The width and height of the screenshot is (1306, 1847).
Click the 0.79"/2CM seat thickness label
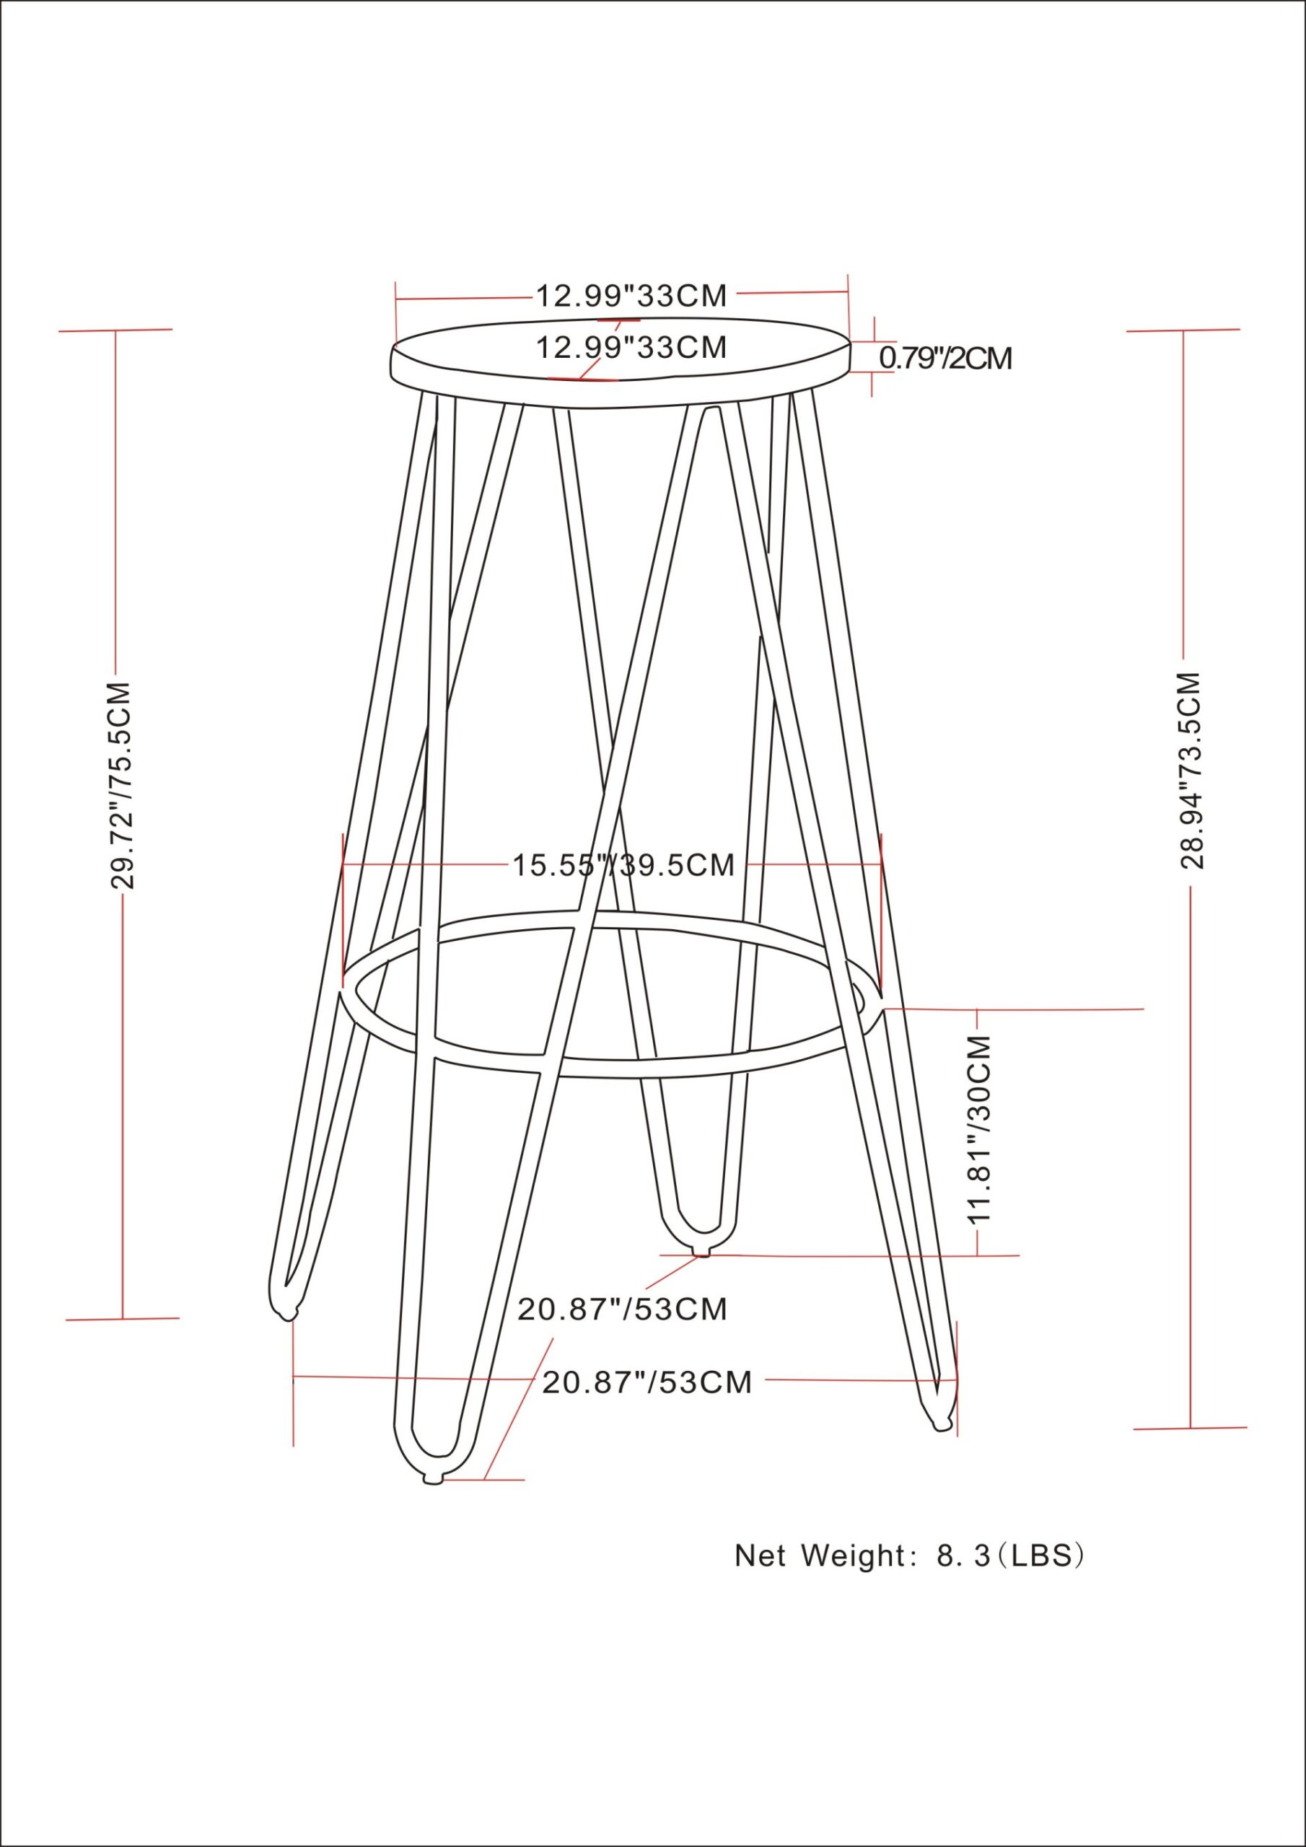pyautogui.click(x=945, y=358)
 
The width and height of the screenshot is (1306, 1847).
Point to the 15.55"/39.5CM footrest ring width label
pyautogui.click(x=623, y=866)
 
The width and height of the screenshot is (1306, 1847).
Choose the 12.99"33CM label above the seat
pyautogui.click(x=631, y=296)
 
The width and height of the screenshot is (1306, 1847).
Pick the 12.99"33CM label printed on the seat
pyautogui.click(x=631, y=348)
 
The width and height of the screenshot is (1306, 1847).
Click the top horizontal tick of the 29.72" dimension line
pyautogui.click(x=116, y=330)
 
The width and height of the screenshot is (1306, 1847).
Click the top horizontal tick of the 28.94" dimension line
pyautogui.click(x=1183, y=330)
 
